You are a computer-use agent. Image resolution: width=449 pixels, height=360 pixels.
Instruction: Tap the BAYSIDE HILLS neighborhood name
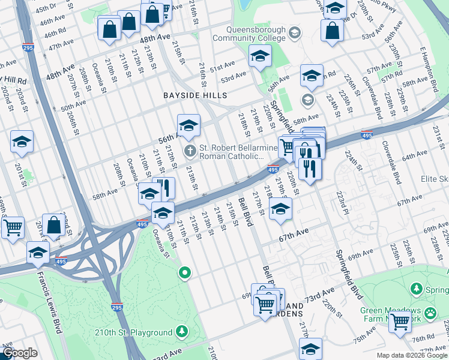coord(195,95)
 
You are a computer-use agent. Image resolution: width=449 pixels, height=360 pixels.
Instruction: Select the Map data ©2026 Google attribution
coord(412,355)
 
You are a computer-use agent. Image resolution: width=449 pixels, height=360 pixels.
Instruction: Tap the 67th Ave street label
coord(294,232)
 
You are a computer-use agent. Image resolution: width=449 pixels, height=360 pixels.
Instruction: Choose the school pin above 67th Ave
coord(280,209)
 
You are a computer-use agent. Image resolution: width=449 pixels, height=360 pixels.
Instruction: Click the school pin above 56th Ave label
coord(188,125)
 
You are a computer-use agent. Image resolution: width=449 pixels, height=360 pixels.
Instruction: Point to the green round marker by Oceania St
coord(185,273)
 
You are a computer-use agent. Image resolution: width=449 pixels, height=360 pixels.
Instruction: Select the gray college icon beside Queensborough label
coord(294,33)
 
